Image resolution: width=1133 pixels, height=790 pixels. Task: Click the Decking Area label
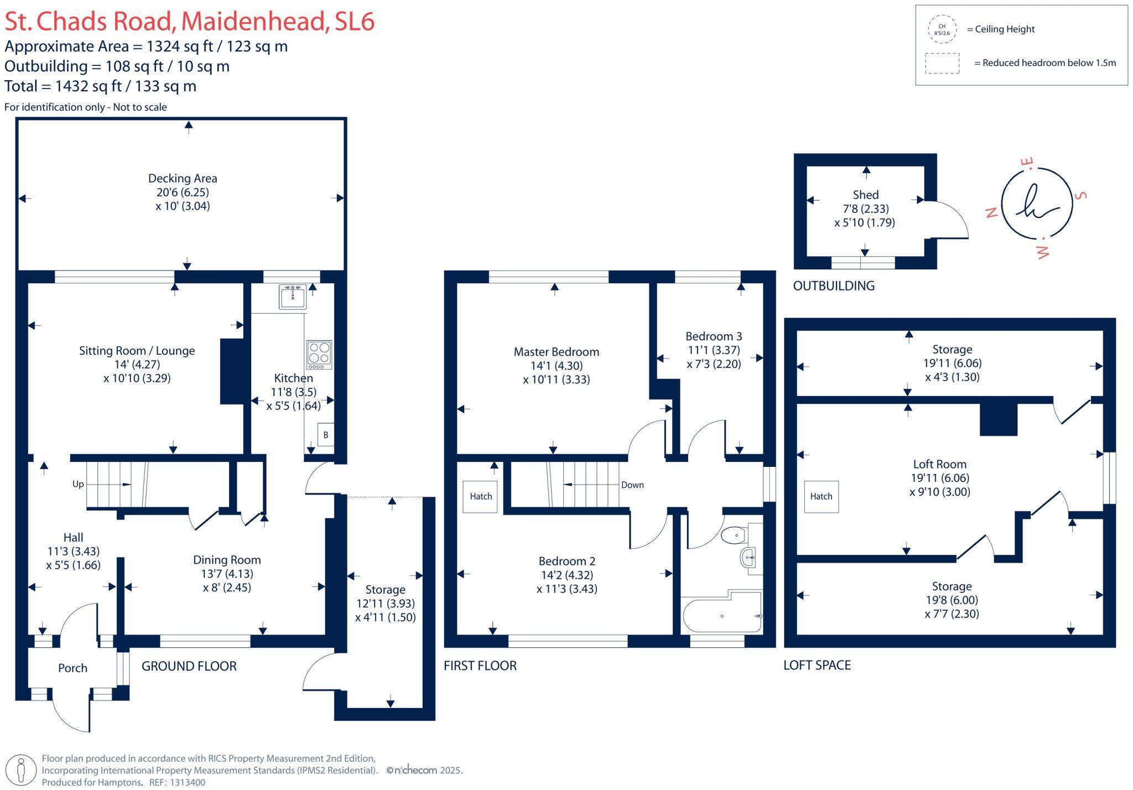(x=183, y=179)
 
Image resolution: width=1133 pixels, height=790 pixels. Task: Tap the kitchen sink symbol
(x=292, y=297)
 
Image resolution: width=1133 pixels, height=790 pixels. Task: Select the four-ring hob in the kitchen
(x=319, y=355)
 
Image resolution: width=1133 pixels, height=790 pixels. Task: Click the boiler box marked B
(x=325, y=435)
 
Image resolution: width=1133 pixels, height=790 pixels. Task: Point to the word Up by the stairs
(x=78, y=484)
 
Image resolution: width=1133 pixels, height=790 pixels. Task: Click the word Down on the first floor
(x=632, y=485)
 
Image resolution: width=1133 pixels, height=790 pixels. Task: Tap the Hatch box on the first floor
(x=481, y=497)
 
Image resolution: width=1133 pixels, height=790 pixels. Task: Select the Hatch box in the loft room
(x=821, y=497)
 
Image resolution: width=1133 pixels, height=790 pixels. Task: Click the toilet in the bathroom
(x=734, y=536)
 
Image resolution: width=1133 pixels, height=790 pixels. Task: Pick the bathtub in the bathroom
(x=722, y=616)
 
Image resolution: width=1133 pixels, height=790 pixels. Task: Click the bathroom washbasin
(x=747, y=558)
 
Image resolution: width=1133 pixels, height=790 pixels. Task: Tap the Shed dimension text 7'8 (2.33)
(x=865, y=209)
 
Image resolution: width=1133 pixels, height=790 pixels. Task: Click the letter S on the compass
(x=1080, y=196)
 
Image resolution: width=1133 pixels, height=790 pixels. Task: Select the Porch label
(x=73, y=668)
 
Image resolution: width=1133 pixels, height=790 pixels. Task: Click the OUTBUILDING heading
(x=834, y=286)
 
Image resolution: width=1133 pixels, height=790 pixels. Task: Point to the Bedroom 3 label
(x=714, y=336)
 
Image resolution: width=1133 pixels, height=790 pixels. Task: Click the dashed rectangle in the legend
(x=942, y=63)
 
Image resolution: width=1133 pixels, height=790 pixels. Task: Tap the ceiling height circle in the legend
(x=942, y=29)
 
